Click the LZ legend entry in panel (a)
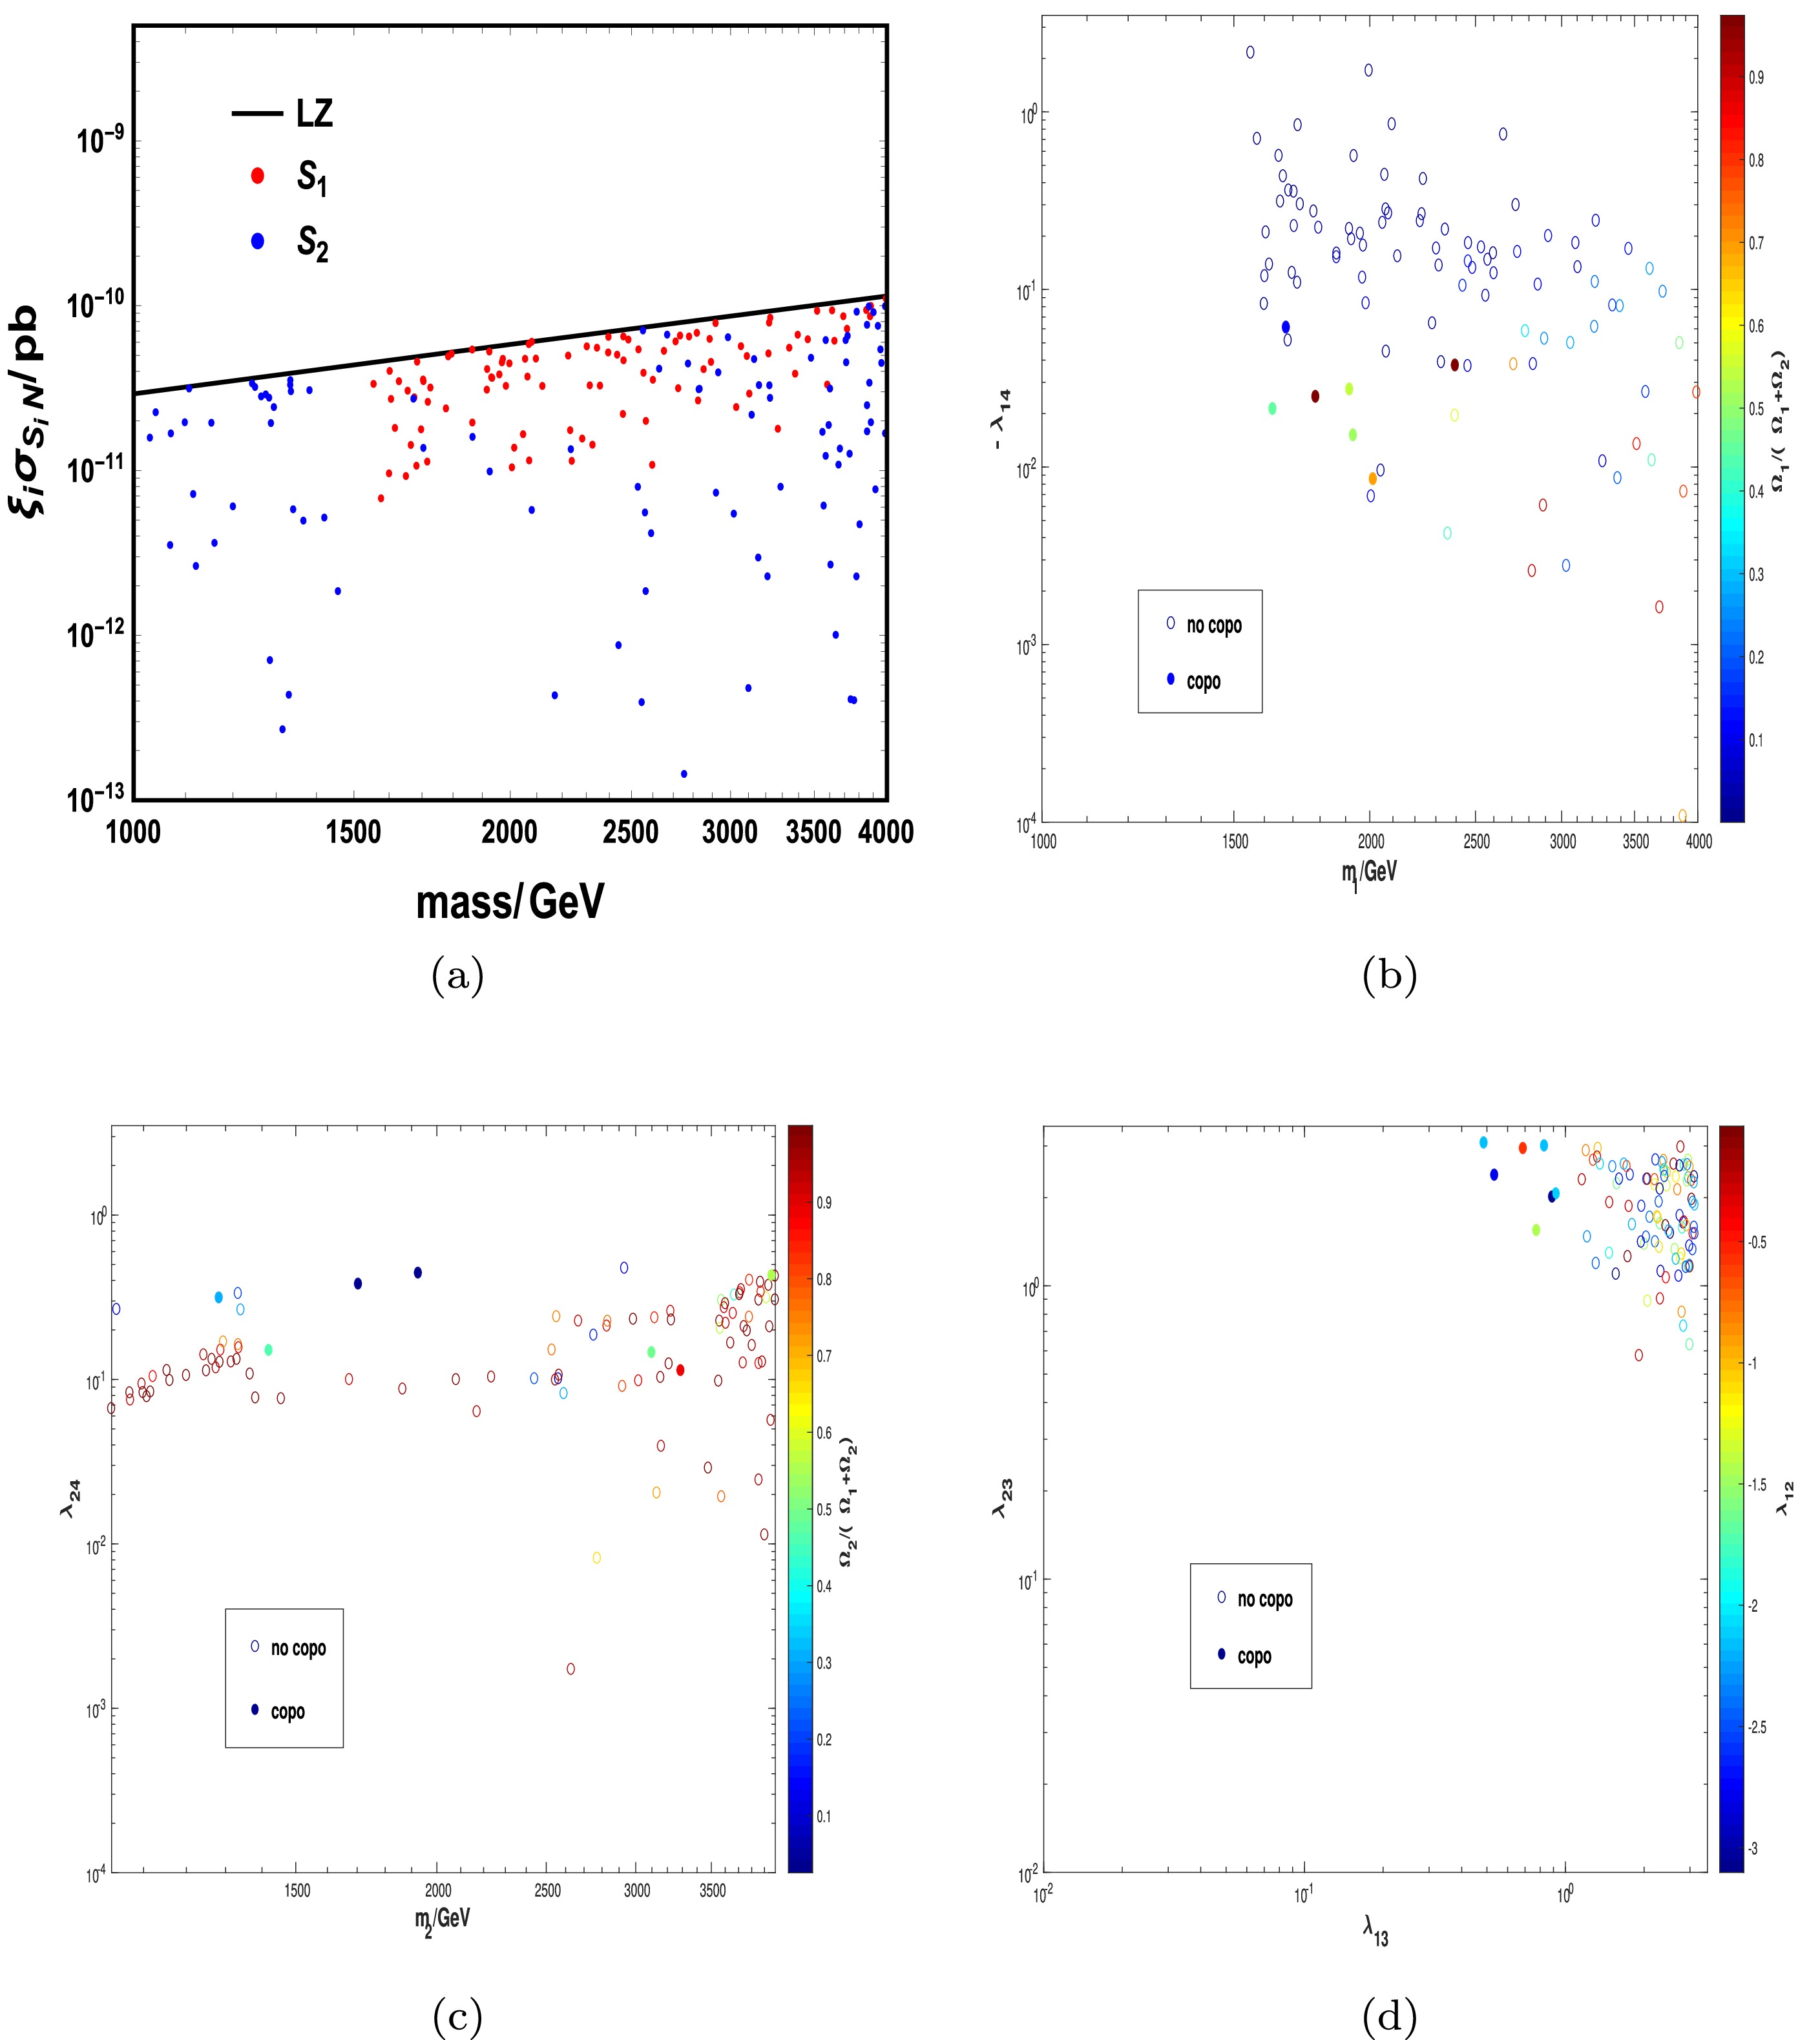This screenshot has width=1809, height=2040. click(x=313, y=113)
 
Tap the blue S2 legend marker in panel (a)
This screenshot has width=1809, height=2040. click(x=258, y=240)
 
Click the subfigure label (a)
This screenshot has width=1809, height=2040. click(x=457, y=975)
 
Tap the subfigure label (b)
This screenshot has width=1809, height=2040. click(x=1388, y=975)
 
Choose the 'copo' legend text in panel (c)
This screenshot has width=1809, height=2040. click(x=288, y=1712)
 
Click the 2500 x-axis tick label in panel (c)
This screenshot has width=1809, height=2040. click(x=547, y=1889)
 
